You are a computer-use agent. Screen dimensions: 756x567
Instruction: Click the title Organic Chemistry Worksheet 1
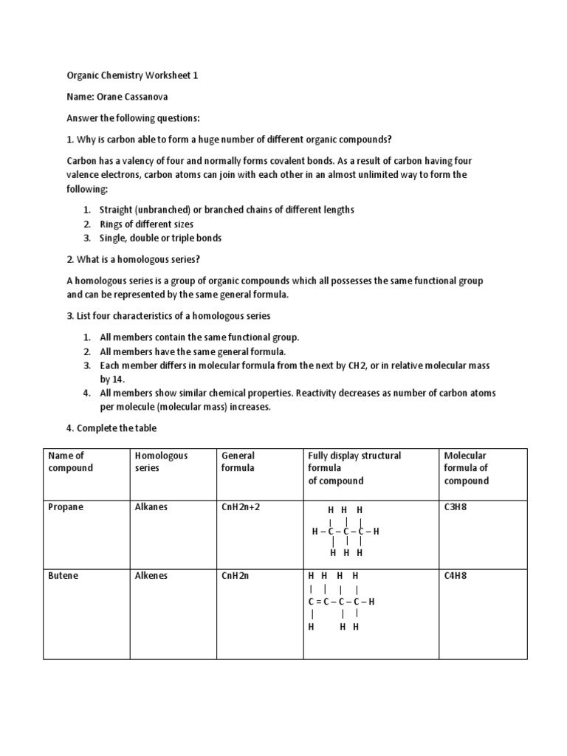[x=132, y=76]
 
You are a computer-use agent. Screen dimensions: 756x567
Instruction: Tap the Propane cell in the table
[x=66, y=508]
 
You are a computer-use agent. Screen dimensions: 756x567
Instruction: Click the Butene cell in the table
[x=63, y=576]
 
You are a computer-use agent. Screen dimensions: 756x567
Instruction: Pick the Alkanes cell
[x=151, y=508]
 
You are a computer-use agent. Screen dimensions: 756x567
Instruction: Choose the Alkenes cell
[x=151, y=576]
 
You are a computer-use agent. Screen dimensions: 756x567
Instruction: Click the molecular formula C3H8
[x=457, y=508]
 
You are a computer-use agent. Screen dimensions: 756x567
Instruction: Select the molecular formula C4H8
[x=457, y=576]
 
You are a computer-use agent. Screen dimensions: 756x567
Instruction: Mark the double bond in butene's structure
[x=319, y=602]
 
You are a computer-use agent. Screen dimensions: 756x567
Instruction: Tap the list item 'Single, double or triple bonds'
[x=160, y=238]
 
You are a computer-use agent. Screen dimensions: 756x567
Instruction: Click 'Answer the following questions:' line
[x=133, y=118]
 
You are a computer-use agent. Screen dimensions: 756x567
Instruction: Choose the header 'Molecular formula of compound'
[x=466, y=468]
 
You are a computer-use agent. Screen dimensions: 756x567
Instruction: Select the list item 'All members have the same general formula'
[x=193, y=351]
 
